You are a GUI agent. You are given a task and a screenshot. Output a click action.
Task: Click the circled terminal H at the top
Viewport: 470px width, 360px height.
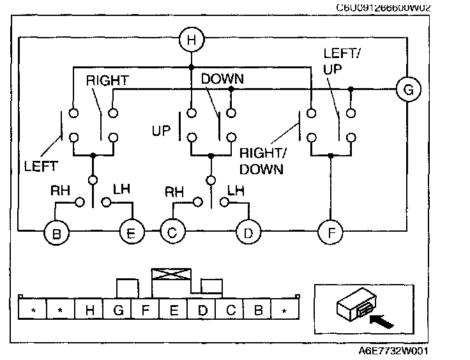coord(191,40)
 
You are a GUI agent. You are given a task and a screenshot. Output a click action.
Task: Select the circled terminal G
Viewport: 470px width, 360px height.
coord(407,90)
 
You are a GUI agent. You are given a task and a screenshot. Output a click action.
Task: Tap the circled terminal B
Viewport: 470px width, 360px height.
coord(56,233)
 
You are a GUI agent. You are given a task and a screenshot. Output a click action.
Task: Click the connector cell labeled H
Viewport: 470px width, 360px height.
coord(89,310)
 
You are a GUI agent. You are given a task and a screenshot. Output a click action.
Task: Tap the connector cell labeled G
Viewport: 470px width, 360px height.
coord(117,310)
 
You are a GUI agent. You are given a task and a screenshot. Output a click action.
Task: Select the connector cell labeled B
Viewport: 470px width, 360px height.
coord(258,310)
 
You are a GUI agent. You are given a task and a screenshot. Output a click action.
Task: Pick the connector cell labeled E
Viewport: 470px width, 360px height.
coord(174,310)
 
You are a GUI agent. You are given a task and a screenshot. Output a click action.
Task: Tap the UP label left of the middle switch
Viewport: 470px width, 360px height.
coord(162,131)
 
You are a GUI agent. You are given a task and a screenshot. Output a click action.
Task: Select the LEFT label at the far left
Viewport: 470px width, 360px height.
coord(40,167)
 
